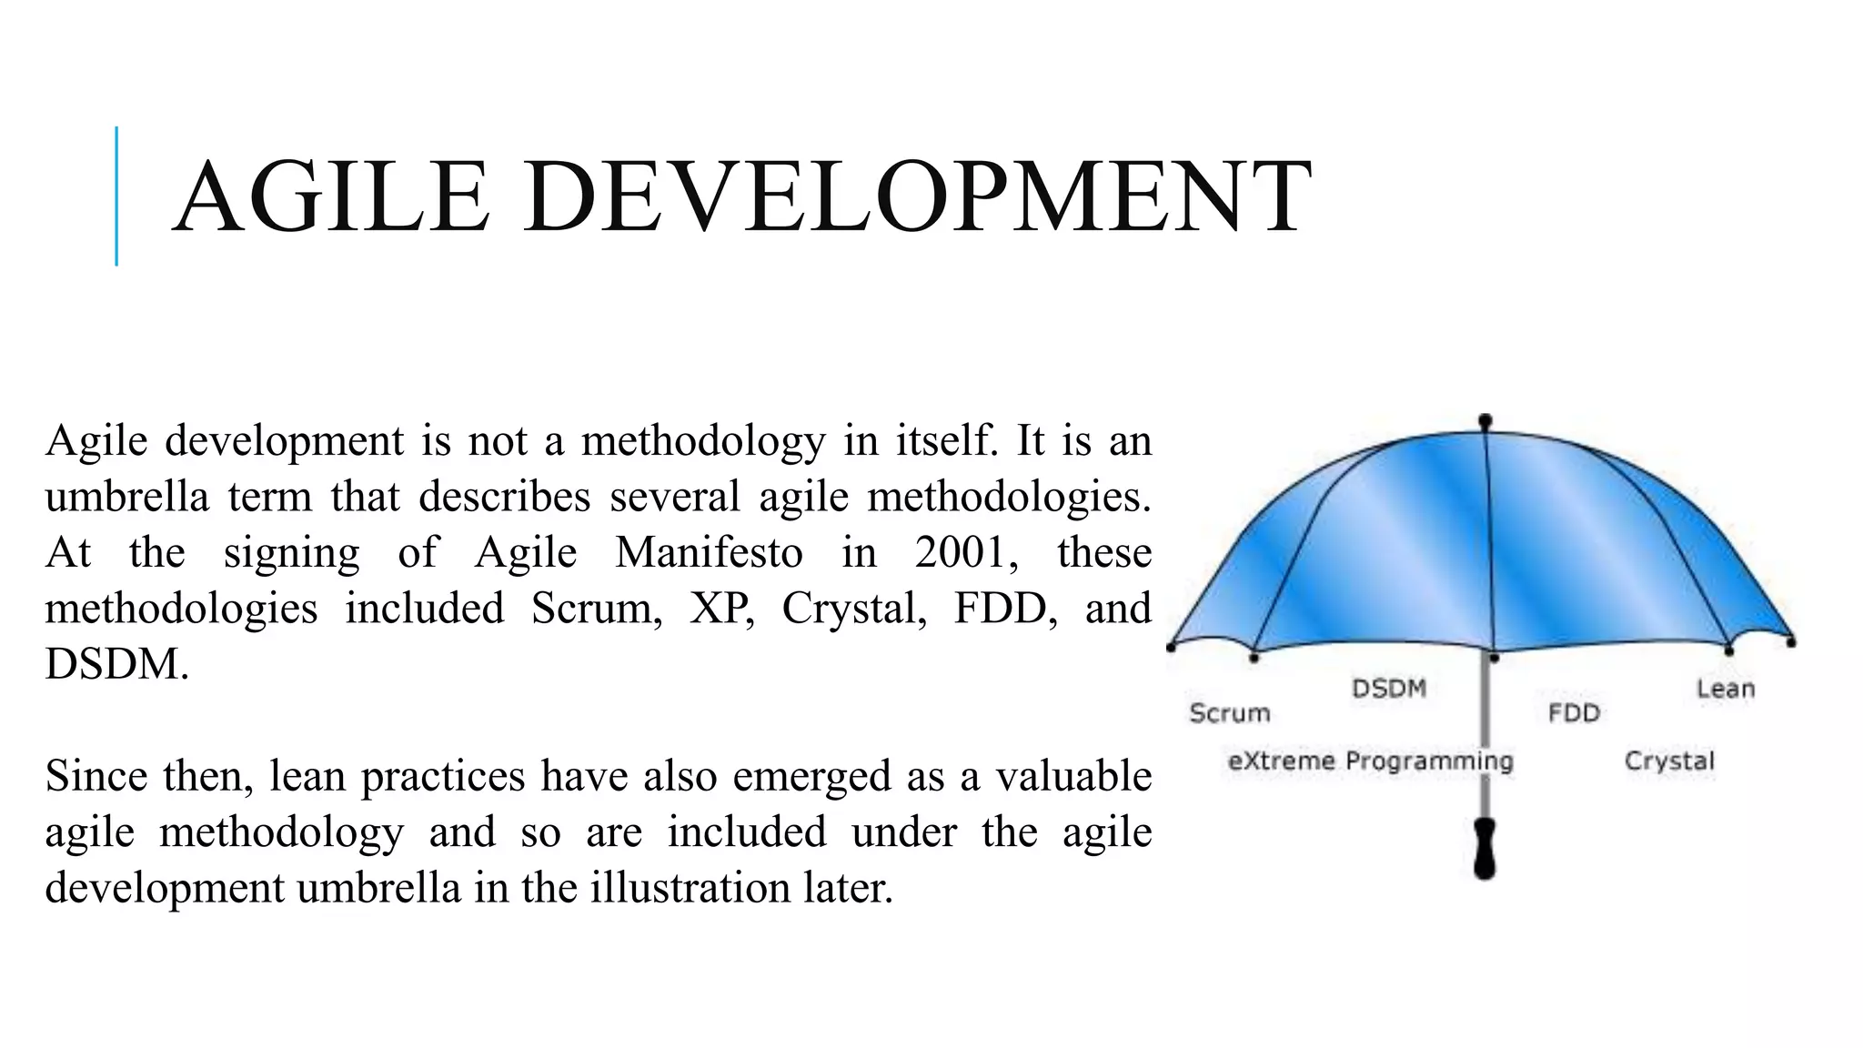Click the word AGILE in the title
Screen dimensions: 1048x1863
[x=331, y=197]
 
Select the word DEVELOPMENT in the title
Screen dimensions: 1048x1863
[x=917, y=197]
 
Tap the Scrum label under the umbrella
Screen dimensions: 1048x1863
[x=1229, y=712]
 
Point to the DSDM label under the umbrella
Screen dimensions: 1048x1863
[x=1388, y=688]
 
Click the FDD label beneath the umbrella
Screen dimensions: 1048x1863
[x=1574, y=712]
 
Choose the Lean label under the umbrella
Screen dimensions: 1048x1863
[x=1725, y=689]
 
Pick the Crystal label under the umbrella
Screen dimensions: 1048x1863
[x=1669, y=761]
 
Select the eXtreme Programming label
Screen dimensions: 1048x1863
[x=1370, y=761]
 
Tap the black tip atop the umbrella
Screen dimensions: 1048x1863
[x=1485, y=422]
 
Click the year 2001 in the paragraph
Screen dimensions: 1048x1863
[x=964, y=552]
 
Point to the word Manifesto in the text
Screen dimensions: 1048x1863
[x=709, y=552]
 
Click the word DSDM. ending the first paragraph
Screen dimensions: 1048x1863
[x=117, y=664]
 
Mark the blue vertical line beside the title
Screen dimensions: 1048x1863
[x=116, y=196]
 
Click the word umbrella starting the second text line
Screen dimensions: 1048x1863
[x=126, y=497]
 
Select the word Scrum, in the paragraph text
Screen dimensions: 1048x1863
[x=597, y=608]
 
